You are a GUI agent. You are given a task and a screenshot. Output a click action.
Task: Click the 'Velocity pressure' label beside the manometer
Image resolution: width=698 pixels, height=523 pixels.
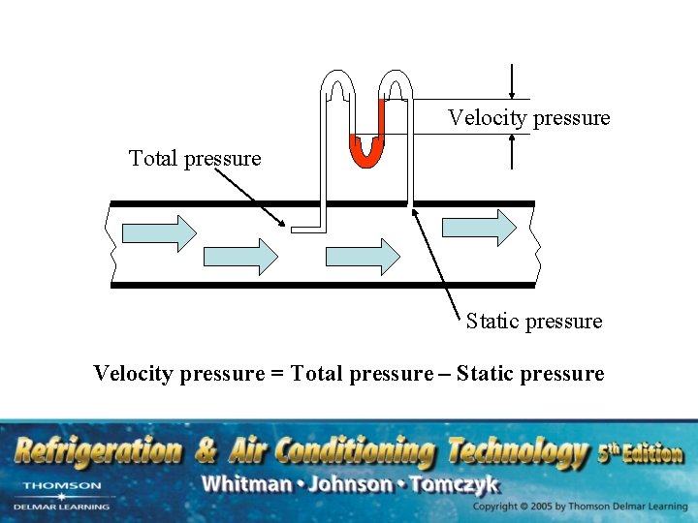pos(528,118)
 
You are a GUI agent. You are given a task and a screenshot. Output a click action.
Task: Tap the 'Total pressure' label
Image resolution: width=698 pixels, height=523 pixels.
pos(195,158)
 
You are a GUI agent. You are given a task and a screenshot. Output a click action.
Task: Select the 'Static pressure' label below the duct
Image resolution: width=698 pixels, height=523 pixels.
pos(533,321)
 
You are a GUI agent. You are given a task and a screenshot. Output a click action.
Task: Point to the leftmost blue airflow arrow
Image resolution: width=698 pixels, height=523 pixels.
pos(159,232)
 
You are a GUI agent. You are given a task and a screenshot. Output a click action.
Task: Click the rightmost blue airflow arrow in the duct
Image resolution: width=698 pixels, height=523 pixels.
pos(479,228)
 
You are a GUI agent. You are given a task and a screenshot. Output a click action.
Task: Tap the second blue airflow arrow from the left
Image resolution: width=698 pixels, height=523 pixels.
pos(239,257)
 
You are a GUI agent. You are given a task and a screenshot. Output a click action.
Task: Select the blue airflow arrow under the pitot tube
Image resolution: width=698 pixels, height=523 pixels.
pos(363,257)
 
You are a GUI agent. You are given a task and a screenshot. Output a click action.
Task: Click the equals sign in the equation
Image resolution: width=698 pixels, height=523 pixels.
pos(277,374)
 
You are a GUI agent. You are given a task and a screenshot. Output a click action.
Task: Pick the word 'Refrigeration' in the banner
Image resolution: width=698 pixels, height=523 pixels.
pos(97,450)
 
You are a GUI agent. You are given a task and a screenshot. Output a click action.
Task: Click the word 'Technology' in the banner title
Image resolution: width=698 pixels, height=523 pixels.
pos(518,450)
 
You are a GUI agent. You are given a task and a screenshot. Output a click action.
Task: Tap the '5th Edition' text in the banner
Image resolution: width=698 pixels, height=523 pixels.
pos(641,452)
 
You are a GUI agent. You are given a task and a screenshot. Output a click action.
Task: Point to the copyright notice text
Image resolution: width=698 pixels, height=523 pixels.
pos(580,507)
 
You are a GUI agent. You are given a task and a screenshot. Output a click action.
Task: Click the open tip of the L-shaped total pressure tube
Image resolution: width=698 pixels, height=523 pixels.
pos(293,230)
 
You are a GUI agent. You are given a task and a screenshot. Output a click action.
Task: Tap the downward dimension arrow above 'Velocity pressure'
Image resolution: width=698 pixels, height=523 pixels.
pos(511,81)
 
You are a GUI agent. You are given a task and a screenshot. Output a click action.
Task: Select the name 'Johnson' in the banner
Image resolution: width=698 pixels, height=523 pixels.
pos(346,483)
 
